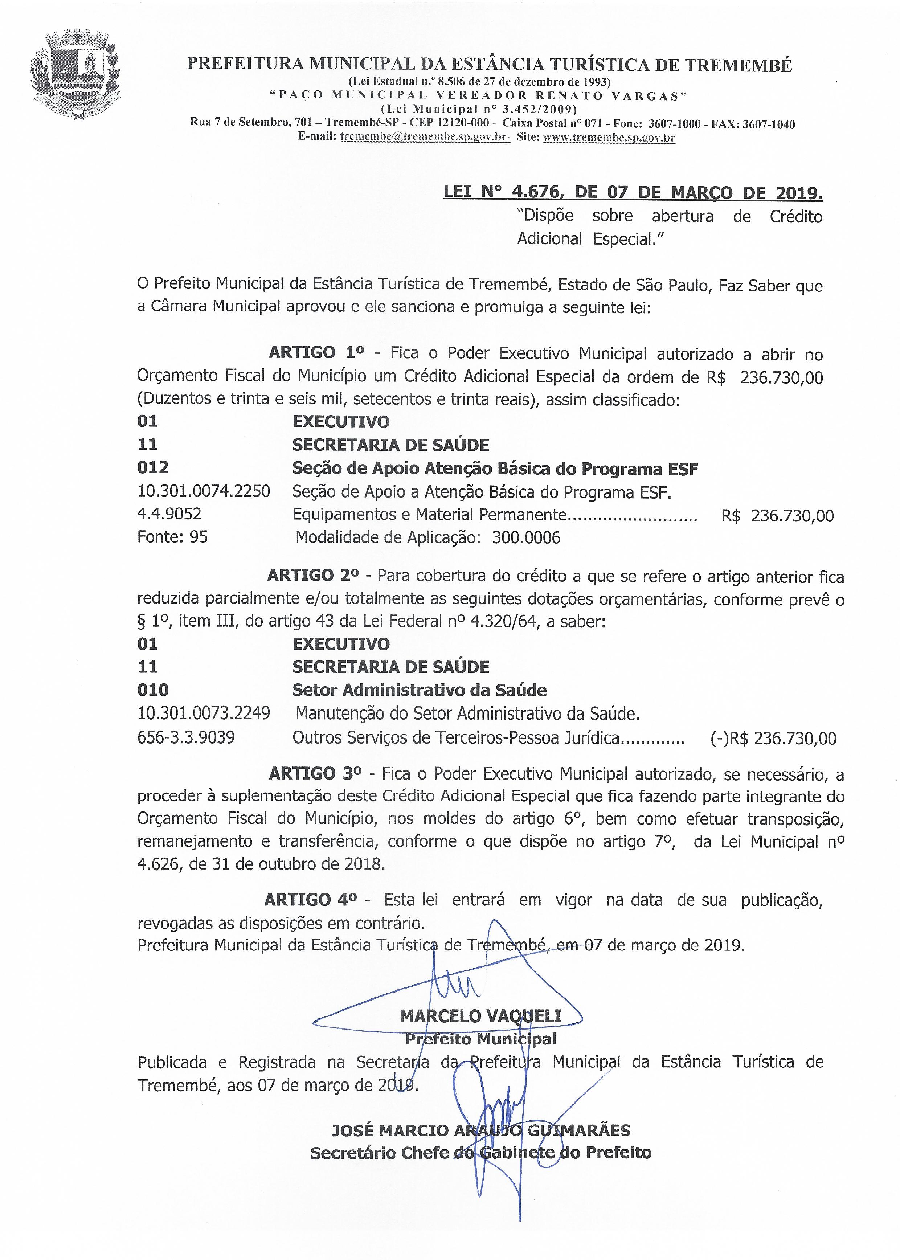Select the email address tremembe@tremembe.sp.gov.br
coord(425,137)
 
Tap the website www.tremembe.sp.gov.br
coord(609,137)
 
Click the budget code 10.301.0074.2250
coord(203,491)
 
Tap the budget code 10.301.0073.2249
coord(203,713)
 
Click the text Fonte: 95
coord(172,537)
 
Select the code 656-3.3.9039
coord(186,737)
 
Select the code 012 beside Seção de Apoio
coord(152,468)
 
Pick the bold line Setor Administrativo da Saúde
coord(420,690)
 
